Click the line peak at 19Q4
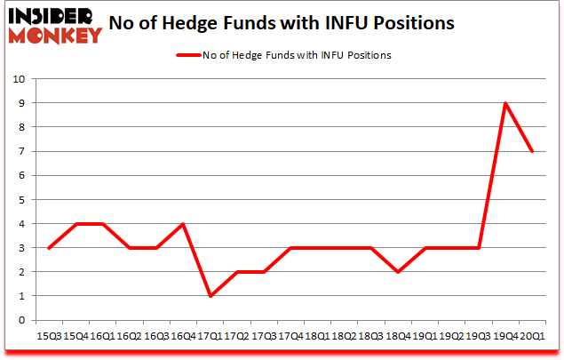click(x=505, y=103)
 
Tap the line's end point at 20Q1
click(x=532, y=151)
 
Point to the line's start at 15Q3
click(x=50, y=248)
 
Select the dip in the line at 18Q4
click(x=399, y=272)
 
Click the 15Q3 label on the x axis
click(x=50, y=336)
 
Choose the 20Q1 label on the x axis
click(x=532, y=336)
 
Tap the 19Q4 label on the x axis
click(x=505, y=336)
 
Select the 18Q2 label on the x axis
click(x=345, y=336)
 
